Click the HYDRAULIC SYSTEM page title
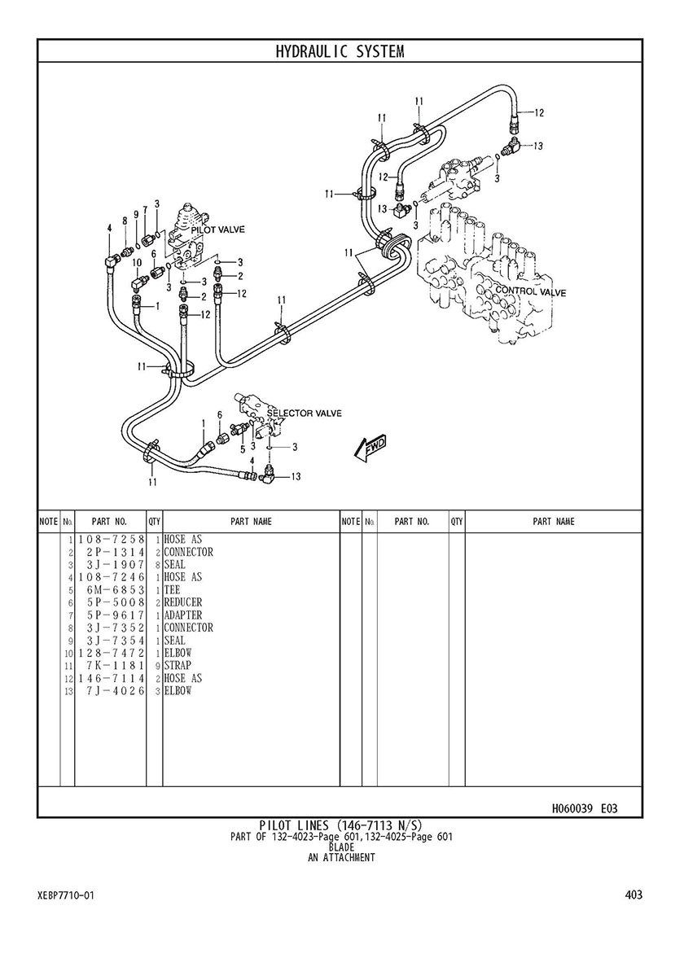(x=340, y=52)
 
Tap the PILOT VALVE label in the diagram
(x=218, y=230)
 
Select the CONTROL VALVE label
(x=531, y=291)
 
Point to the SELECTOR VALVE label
(x=305, y=413)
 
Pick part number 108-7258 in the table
(x=111, y=540)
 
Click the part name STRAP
(x=178, y=666)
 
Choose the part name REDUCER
(x=183, y=602)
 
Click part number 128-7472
(x=111, y=653)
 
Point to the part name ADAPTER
(x=183, y=615)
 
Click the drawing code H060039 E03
(x=584, y=808)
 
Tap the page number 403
(x=634, y=895)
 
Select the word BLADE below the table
(x=340, y=847)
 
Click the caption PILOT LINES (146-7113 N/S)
(x=340, y=825)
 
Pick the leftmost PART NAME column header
(x=251, y=522)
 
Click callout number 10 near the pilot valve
(x=137, y=263)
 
